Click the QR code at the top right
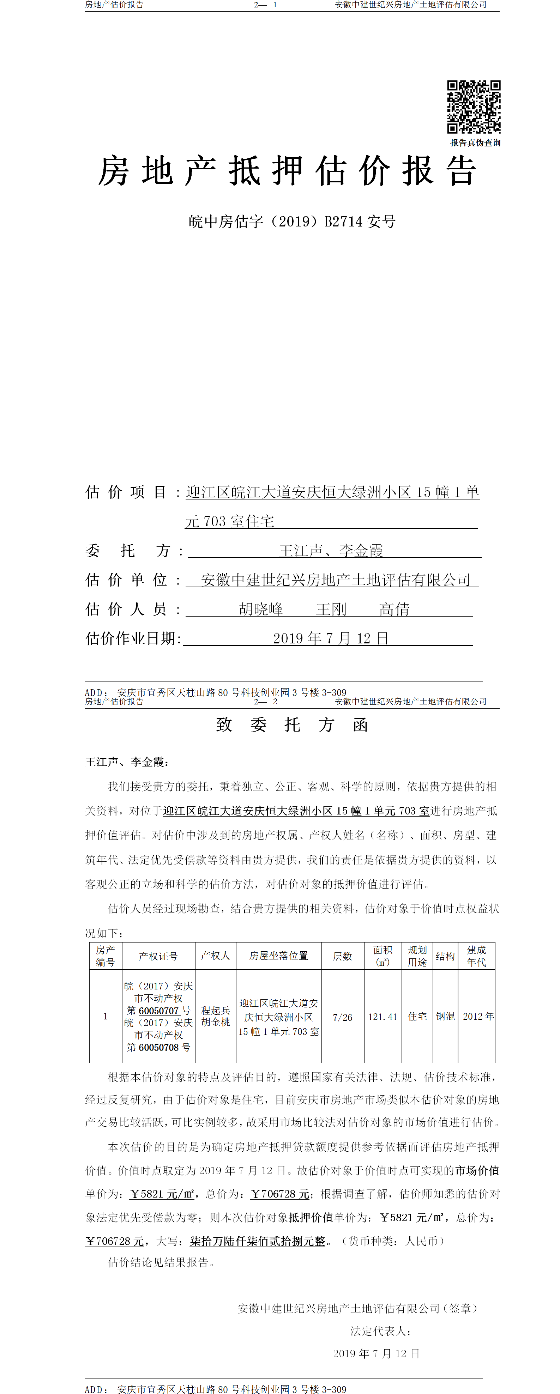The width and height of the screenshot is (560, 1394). (473, 107)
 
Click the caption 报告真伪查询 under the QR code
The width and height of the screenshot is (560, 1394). (475, 143)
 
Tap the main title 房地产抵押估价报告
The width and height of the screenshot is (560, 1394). (287, 171)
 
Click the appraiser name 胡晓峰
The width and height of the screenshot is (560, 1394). (261, 609)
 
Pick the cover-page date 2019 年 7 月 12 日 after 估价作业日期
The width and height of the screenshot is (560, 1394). (330, 638)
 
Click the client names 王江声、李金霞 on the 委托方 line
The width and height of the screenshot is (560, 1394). (331, 551)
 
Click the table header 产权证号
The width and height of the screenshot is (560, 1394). (158, 956)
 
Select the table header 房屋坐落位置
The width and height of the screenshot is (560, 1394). (278, 956)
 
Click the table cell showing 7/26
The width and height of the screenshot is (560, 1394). (342, 1017)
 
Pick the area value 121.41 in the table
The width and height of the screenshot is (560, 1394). (383, 1017)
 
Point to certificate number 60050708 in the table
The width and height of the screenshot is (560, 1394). (159, 1047)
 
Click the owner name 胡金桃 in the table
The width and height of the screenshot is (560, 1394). (216, 1022)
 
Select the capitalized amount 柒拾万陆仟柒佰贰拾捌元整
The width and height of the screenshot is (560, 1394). (258, 1241)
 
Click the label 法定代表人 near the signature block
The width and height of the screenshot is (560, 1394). (380, 1331)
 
